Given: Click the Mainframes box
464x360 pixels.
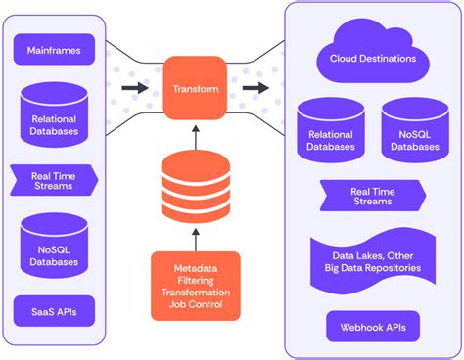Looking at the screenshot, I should coord(55,47).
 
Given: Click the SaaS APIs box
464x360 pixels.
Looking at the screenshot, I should coord(55,311).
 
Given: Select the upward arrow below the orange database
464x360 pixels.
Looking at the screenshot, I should coord(195,238).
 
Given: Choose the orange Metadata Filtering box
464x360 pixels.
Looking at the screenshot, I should coord(195,285).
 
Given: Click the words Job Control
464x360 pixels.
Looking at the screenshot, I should coord(195,303).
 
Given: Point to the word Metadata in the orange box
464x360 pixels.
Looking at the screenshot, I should coord(195,267).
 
